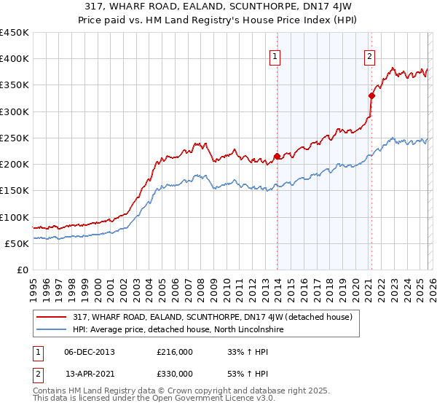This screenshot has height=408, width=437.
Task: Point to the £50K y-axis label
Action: click(17, 243)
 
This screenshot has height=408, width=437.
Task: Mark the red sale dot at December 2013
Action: click(277, 155)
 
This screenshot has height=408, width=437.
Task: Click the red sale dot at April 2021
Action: click(371, 95)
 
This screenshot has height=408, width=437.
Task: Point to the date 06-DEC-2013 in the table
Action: click(90, 352)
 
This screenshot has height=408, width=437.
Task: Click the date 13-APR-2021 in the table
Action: click(90, 373)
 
